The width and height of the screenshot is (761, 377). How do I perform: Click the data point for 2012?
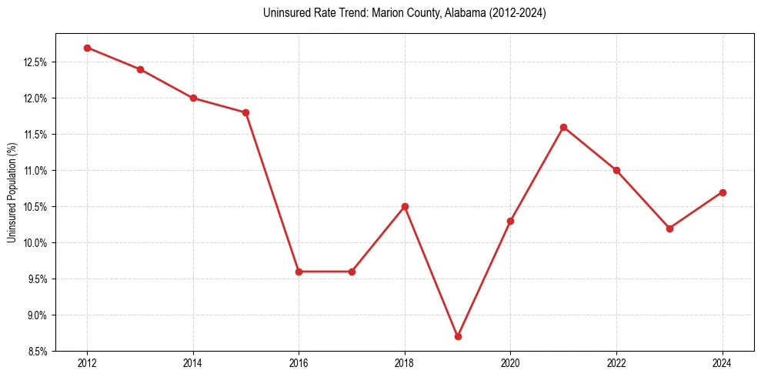[87, 48]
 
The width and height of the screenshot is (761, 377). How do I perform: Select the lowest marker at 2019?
[458, 336]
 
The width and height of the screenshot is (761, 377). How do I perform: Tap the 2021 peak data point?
[564, 127]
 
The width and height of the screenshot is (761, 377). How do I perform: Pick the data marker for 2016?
[299, 272]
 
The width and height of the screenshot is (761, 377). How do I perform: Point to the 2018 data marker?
[405, 206]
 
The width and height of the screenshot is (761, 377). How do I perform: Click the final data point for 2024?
[723, 192]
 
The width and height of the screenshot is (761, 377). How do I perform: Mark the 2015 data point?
[245, 112]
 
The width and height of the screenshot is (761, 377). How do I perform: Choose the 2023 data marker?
[669, 229]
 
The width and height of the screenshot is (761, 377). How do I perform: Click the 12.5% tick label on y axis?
[34, 62]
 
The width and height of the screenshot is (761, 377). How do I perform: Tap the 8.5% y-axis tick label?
[36, 352]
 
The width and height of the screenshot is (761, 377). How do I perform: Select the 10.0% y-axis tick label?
[34, 243]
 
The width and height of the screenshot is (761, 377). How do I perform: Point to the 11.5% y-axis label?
[34, 135]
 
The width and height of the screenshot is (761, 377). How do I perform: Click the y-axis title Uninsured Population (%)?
[12, 192]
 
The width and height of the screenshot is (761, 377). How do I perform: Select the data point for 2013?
[140, 69]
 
